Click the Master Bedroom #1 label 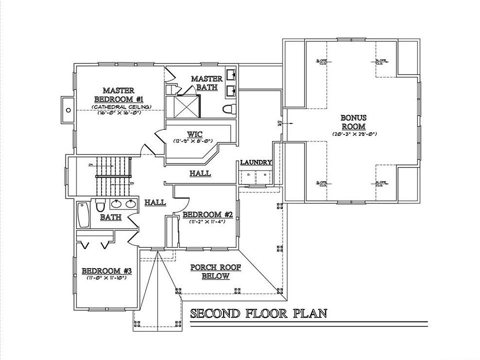[118, 94]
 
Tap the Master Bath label [206, 83]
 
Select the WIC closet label [194, 134]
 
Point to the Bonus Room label [353, 122]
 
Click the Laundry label [255, 162]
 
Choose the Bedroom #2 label [207, 214]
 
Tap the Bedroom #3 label [106, 271]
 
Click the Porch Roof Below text [215, 272]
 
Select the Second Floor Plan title [258, 313]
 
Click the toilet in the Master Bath [228, 109]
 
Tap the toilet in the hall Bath [100, 205]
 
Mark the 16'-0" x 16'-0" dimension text [119, 113]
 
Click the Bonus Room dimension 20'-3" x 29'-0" [353, 134]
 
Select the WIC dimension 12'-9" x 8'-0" [194, 141]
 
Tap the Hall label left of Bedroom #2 [155, 202]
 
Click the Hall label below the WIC [200, 173]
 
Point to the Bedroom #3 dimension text [106, 277]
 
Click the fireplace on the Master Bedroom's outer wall [66, 109]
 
